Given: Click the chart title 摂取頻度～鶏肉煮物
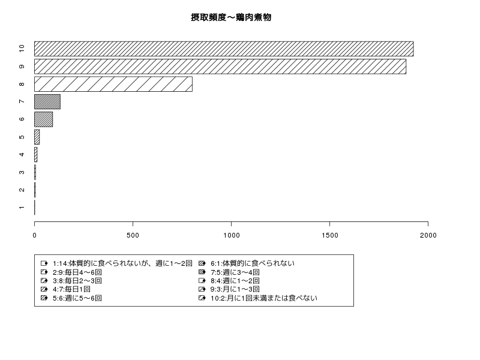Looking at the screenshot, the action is click(231, 17).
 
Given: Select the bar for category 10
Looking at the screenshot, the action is click(224, 49).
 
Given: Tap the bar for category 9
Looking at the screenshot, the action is click(220, 67).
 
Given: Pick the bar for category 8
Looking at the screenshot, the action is click(113, 84).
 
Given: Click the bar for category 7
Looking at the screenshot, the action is click(47, 101).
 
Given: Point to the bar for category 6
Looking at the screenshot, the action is click(43, 119).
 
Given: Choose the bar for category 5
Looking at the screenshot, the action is click(37, 137).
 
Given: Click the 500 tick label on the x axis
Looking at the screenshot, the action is click(133, 235).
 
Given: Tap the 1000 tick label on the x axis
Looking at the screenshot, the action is click(232, 235).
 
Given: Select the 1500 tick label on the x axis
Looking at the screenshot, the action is click(329, 235).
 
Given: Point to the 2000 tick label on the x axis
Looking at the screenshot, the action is click(428, 235).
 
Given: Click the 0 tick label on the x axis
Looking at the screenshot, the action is click(35, 235).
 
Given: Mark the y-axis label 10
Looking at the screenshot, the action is click(22, 49).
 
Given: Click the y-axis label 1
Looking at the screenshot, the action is click(22, 208).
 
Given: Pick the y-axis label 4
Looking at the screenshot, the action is click(22, 155).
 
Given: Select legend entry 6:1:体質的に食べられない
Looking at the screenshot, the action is click(253, 263).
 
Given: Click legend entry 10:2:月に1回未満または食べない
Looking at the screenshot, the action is click(264, 298).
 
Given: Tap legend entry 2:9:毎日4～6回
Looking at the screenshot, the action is click(77, 272).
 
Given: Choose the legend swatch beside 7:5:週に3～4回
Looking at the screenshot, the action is click(202, 272).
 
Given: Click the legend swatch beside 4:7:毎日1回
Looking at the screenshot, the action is click(44, 289).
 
